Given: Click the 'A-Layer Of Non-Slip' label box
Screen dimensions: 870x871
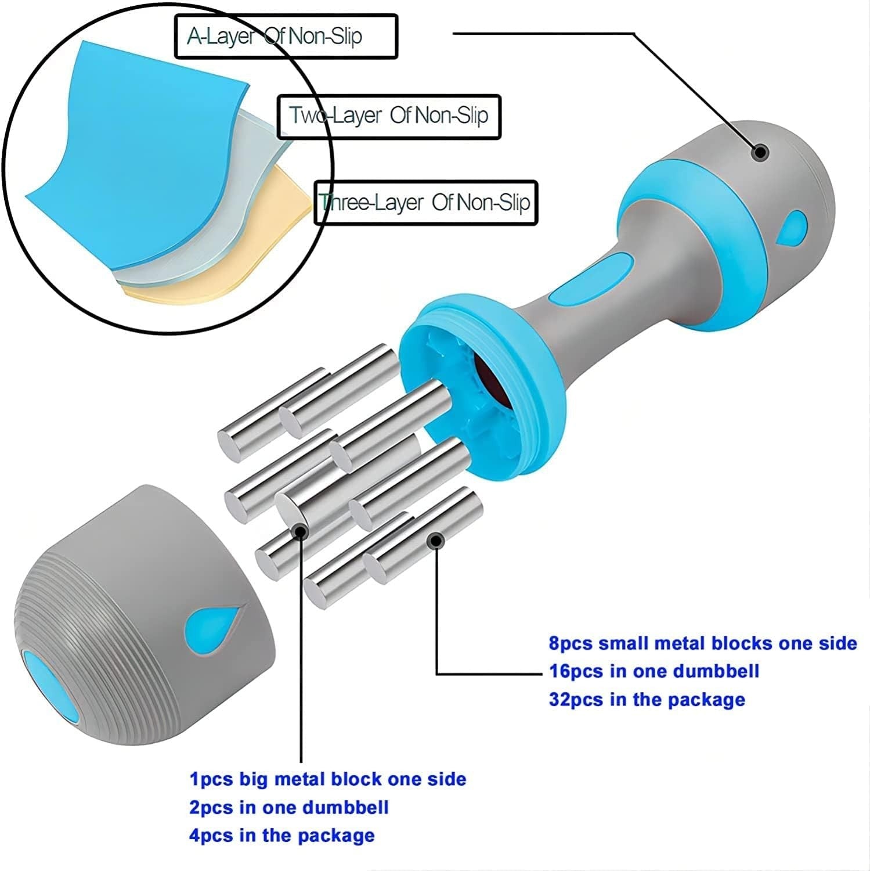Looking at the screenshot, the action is click(x=286, y=37).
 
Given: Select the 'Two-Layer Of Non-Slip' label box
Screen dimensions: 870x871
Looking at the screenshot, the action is click(x=389, y=116).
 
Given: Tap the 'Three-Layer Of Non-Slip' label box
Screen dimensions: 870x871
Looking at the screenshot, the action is click(x=426, y=203).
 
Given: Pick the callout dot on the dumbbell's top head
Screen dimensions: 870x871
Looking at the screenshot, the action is click(x=760, y=153).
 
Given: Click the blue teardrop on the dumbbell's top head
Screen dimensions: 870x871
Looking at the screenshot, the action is click(x=791, y=227).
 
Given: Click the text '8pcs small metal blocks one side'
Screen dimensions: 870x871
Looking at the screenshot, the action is click(x=703, y=643).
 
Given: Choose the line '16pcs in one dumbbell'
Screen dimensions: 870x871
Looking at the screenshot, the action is click(x=654, y=671).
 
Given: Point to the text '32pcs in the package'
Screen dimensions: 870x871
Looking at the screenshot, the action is click(x=647, y=699).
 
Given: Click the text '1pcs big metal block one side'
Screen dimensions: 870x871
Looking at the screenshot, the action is click(x=328, y=779).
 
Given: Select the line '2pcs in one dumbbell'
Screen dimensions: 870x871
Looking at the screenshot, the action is click(x=289, y=807).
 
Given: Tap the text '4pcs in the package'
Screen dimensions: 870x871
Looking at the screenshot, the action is click(x=282, y=836).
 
